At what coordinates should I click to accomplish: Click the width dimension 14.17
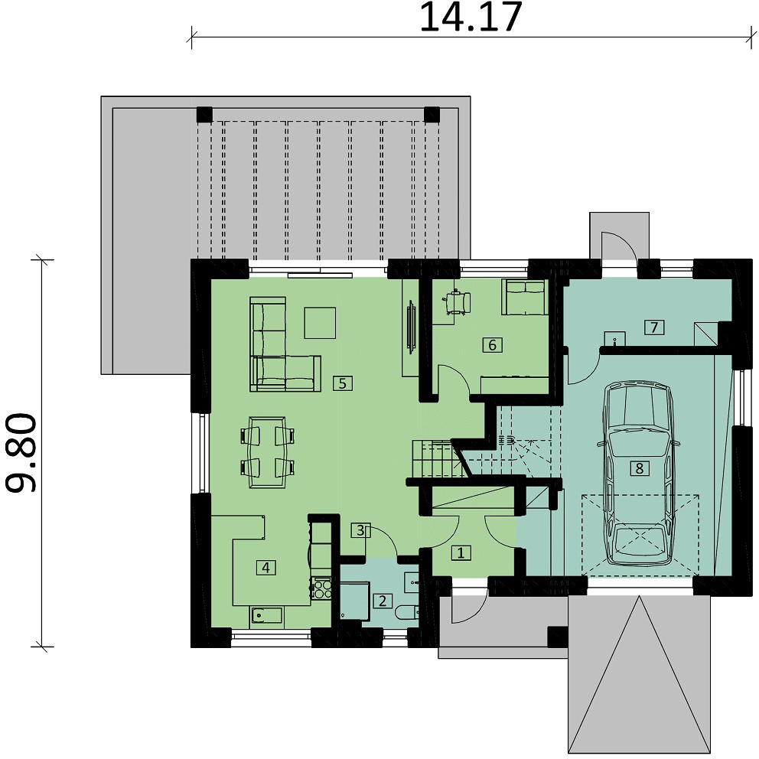point(471,17)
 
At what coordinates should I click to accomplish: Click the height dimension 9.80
point(21,453)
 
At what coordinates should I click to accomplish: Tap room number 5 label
point(343,383)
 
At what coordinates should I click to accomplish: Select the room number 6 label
point(492,345)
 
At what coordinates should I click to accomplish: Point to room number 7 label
point(654,327)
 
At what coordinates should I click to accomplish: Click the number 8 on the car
point(640,468)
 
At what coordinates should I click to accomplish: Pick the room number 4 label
point(265,567)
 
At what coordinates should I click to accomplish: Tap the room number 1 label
point(461,552)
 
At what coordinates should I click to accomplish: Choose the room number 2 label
point(383,601)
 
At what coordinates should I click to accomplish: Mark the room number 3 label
point(360,530)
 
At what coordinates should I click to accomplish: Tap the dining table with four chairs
point(267,453)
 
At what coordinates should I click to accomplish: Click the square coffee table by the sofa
point(320,323)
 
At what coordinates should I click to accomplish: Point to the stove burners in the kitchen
point(322,588)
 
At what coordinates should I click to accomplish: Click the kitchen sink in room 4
point(266,615)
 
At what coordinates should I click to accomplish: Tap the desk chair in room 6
point(458,302)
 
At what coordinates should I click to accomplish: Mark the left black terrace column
point(204,115)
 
